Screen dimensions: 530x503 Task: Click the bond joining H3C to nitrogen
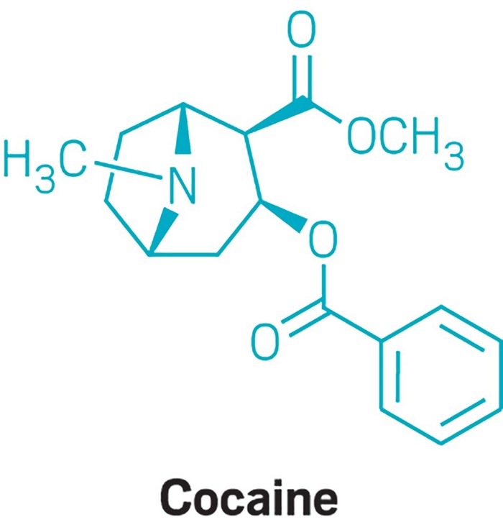(x=129, y=169)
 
